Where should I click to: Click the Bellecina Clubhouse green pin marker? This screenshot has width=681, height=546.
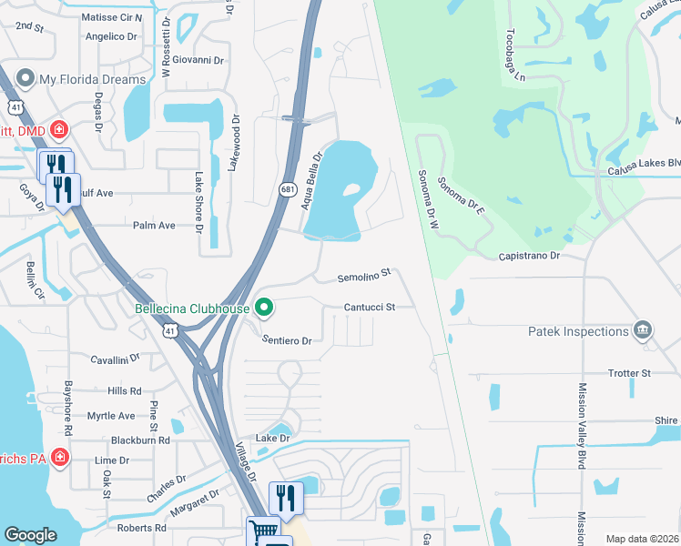[264, 308]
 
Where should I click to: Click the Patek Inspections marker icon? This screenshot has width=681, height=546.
[644, 329]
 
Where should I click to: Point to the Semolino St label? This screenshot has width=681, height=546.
[364, 273]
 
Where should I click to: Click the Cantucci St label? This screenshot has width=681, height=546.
[369, 308]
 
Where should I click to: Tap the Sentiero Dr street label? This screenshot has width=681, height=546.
[287, 340]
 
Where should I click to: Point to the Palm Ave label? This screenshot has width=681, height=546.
[153, 225]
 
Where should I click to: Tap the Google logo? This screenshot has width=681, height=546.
[30, 535]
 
